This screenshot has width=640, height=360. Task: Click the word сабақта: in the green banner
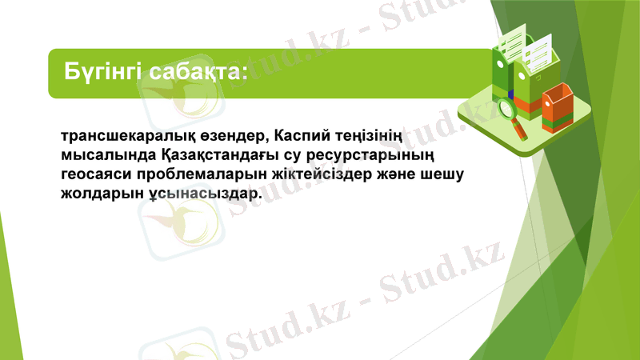196,73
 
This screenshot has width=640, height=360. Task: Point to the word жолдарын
99,195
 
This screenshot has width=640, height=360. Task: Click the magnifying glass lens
506,107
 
